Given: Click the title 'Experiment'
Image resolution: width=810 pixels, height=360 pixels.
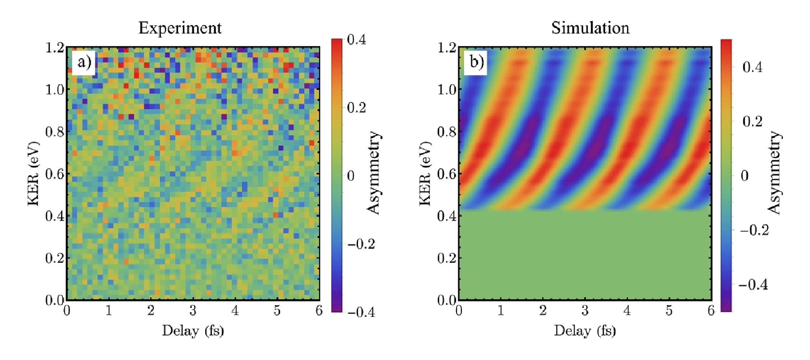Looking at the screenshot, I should click(180, 28).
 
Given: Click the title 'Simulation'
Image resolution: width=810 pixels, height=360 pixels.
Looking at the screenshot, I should click(590, 28).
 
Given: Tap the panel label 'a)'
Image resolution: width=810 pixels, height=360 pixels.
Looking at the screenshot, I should click(84, 62).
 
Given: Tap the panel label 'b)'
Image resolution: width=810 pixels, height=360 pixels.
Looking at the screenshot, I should click(476, 62).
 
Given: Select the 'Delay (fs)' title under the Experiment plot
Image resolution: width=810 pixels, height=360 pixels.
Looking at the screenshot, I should click(193, 330).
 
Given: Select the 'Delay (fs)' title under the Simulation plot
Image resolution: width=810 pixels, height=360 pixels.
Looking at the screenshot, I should click(585, 330).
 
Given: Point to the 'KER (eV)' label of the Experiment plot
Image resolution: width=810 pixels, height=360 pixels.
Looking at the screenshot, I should click(33, 174).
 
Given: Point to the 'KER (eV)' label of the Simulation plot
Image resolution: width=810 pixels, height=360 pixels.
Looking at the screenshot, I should click(425, 174).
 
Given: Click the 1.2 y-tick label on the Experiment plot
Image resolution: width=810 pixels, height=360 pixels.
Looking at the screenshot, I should click(55, 48).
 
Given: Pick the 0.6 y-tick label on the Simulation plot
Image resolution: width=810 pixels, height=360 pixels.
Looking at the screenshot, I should click(447, 174).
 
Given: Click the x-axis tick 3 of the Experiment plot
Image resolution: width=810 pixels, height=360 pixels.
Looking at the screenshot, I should click(193, 310).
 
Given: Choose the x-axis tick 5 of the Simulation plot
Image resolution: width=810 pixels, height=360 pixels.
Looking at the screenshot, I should click(669, 310).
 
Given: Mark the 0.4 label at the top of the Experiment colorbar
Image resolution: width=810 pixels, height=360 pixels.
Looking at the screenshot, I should click(356, 40).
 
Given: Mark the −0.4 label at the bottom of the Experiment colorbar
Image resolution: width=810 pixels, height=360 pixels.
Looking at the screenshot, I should click(361, 312).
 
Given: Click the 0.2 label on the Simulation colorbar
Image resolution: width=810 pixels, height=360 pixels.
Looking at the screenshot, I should click(752, 121).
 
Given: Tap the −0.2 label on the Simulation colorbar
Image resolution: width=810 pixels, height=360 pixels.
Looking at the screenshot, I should click(754, 230).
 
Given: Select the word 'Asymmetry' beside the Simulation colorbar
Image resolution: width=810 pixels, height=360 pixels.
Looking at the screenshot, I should click(774, 173).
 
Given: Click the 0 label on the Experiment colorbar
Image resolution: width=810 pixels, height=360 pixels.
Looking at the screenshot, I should click(350, 176).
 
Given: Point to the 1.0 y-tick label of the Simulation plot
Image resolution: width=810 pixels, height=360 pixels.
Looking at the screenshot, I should click(447, 90).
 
